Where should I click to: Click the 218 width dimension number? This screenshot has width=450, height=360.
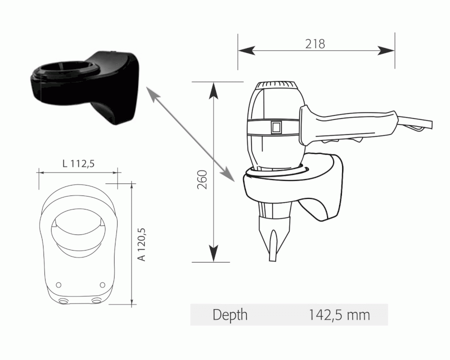click(315, 44)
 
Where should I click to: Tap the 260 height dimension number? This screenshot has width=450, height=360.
click(202, 179)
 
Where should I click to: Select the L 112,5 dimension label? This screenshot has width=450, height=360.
click(78, 163)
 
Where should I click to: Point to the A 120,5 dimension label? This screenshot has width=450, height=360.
click(142, 244)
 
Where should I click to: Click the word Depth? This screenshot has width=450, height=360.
click(230, 315)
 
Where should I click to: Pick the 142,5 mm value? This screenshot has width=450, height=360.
click(339, 315)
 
